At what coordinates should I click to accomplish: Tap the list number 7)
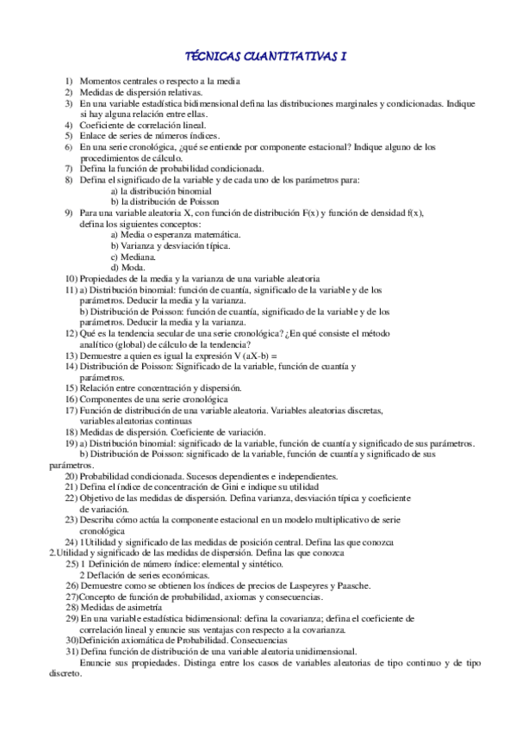click(x=69, y=169)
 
